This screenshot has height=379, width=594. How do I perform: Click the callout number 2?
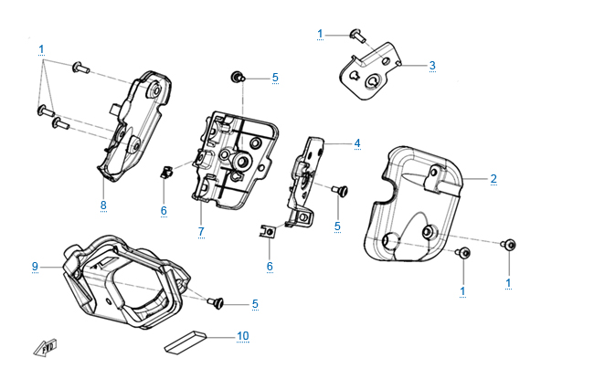(x=493, y=178)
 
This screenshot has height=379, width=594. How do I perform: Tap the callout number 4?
(x=357, y=143)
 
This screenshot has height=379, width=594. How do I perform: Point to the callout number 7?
(x=200, y=232)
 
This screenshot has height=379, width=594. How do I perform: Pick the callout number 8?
(x=103, y=205)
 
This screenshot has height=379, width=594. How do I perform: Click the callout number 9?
(x=36, y=267)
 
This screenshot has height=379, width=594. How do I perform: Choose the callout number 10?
(x=242, y=336)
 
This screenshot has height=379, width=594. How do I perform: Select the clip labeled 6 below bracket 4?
(x=269, y=233)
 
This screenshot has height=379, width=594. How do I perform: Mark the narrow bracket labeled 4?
(x=307, y=178)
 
